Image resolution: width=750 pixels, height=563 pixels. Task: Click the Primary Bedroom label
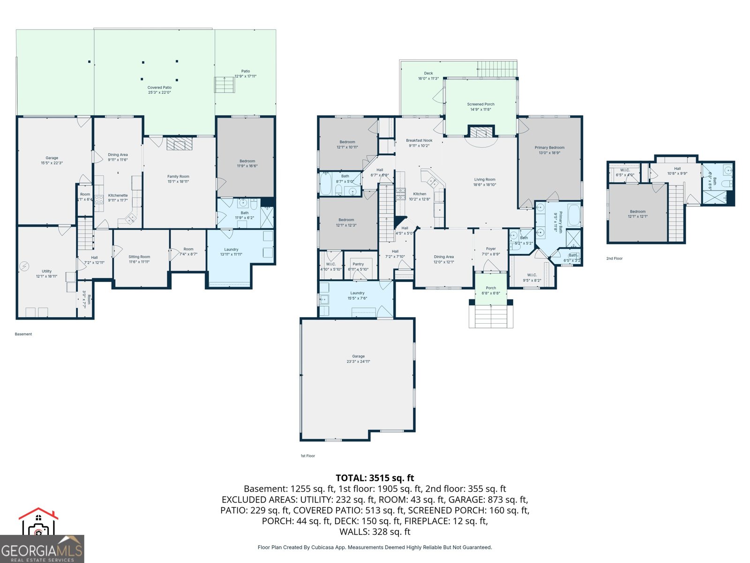(549, 148)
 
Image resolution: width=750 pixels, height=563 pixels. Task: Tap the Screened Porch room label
(480, 105)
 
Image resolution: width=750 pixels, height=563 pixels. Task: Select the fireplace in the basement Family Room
(180, 144)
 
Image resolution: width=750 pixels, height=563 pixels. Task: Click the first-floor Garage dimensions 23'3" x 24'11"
(358, 361)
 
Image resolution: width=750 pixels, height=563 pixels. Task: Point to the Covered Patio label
(159, 88)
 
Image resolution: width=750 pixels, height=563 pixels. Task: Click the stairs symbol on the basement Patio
(225, 85)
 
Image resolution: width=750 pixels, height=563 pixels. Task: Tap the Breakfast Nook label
(419, 141)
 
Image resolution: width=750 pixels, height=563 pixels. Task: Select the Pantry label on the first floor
(358, 264)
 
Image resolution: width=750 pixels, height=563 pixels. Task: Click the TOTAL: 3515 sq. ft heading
(375, 478)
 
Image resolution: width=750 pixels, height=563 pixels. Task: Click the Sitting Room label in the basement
(139, 257)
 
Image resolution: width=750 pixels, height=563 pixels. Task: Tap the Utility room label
(46, 271)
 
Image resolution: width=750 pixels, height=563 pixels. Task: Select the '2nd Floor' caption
(614, 259)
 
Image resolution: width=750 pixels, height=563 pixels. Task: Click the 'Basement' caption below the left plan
(23, 334)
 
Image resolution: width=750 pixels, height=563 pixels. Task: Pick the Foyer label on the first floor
(490, 249)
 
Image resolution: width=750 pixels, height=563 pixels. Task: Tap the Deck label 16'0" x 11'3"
(428, 74)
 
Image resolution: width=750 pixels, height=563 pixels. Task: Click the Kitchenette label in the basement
(118, 196)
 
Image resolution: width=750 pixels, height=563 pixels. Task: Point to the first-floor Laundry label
(357, 293)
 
